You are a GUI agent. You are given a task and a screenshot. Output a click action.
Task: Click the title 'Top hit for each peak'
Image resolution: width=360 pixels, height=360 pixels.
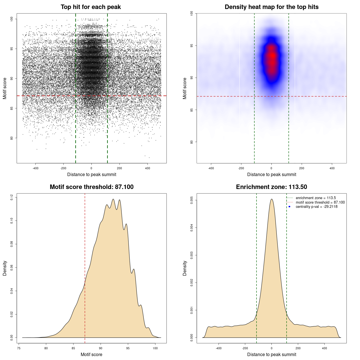pos(91,7)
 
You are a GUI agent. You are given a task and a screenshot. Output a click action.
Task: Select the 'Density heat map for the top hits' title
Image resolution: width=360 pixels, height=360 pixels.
pos(271,7)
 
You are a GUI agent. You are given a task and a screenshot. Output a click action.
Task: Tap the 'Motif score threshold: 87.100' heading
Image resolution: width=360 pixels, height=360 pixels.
pos(91,187)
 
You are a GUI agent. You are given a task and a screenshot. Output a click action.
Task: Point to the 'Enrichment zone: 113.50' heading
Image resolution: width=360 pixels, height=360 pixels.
pos(271,187)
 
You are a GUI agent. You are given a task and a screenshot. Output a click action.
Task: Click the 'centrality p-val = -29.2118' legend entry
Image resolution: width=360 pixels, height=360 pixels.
pos(316,207)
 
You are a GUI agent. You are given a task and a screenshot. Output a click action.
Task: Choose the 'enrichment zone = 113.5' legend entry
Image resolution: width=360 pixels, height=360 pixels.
pos(316,198)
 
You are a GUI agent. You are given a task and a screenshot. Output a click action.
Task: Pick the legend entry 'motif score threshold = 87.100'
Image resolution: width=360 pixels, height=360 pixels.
pos(320,202)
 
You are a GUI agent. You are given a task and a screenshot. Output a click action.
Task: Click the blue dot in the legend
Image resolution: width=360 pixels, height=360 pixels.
pos(289,207)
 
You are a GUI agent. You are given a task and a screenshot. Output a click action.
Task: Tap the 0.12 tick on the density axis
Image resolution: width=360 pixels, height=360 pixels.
pos(12,197)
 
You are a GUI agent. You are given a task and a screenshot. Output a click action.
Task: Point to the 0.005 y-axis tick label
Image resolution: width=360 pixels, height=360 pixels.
pos(192,200)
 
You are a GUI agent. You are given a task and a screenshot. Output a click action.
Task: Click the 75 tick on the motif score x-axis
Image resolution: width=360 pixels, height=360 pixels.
pos(19,348)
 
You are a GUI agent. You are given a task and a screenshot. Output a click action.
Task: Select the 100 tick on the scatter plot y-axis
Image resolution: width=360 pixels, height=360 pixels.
pos(12,19)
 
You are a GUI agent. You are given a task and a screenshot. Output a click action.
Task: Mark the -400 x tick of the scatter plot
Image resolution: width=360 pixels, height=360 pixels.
pos(35,168)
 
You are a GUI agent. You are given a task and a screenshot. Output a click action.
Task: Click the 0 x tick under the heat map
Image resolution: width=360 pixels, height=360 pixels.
pos(271,168)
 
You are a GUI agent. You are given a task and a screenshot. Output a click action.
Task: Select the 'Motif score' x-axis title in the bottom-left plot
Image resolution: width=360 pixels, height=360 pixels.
pos(91,354)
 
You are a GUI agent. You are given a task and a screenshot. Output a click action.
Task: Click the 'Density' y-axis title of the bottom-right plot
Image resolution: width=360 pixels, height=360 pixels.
pos(185,268)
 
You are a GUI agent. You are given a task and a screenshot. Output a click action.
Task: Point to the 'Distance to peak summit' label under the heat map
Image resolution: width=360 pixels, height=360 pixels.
pos(271,174)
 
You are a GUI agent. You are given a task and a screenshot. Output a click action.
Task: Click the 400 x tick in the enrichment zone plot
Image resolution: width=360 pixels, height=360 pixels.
pos(324,348)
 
